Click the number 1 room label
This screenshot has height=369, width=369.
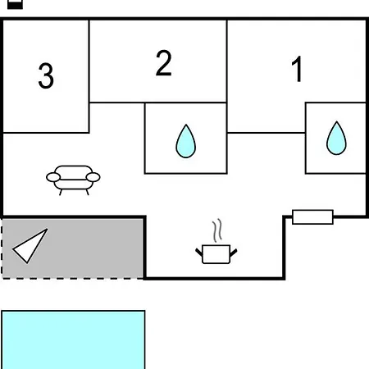pos(297,69)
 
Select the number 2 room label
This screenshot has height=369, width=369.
pos(163,63)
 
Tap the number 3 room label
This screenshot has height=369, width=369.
pos(46,75)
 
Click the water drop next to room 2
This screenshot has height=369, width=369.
pos(185,141)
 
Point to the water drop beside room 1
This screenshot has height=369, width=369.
pos(336,138)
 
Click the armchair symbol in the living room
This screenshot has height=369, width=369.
pos(73,180)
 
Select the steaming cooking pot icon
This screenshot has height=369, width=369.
pos(216,241)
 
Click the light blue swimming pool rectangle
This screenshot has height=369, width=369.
pos(73,339)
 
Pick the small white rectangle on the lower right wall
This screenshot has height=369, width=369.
pos(312,217)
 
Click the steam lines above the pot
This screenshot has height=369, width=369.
pos(217,230)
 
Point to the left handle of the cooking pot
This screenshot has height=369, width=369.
pos(199,252)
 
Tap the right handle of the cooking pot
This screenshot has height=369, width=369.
pos(234,253)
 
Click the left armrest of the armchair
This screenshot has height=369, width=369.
pos(53,177)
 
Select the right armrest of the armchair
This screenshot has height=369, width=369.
pos(93,177)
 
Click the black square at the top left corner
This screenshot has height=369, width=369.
pos(15,4)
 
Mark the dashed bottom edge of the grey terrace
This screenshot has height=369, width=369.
pos(73,279)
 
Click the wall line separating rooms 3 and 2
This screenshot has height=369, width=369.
pos(89,76)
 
